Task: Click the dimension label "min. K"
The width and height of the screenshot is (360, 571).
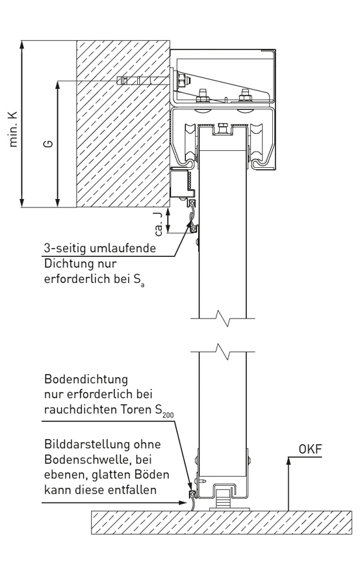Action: [x=13, y=129]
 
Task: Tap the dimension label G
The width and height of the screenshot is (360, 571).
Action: [x=48, y=144]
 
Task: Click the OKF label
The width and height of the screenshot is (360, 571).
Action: [x=310, y=449]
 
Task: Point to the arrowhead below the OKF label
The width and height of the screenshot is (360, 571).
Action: [x=289, y=460]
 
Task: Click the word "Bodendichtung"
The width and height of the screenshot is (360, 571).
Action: [x=86, y=379]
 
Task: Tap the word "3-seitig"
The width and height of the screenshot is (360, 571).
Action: [x=65, y=248]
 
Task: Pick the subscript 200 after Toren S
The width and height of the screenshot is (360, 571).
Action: [x=168, y=415]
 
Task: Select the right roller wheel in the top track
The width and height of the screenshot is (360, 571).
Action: [x=256, y=143]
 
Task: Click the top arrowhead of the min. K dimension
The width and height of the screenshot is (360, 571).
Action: [x=22, y=44]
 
